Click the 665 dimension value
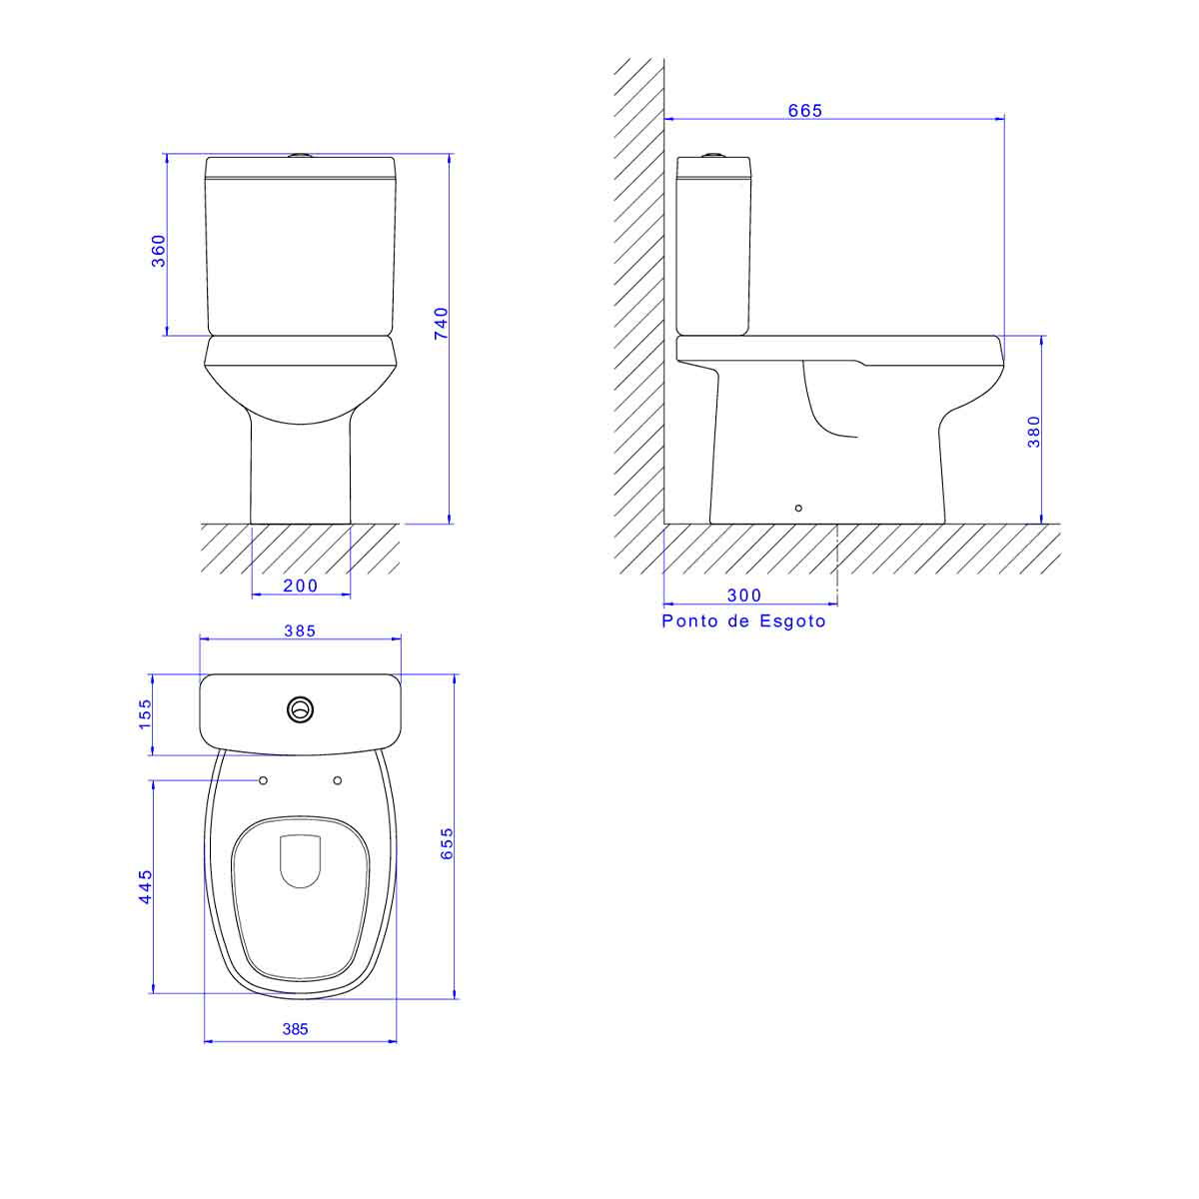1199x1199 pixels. [x=804, y=110]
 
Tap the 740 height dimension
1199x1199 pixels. [x=441, y=323]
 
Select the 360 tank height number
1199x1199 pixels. [x=159, y=251]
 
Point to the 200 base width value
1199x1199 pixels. [x=300, y=586]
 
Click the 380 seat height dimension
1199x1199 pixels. [x=1033, y=432]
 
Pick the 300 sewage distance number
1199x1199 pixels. [x=744, y=596]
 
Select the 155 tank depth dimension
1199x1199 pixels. [x=144, y=714]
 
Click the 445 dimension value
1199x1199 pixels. [x=144, y=886]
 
